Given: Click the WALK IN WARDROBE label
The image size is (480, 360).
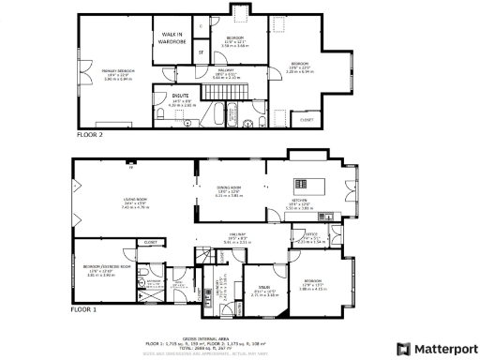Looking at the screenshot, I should pos(170,37).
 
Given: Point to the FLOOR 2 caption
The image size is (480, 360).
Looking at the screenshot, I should pos(89,135).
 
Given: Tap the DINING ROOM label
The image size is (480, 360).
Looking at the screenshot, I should pos(229,190).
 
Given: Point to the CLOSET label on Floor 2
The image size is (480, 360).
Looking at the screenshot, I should pos(307,119).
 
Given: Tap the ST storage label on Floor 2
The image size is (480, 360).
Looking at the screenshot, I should pos(200,52).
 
